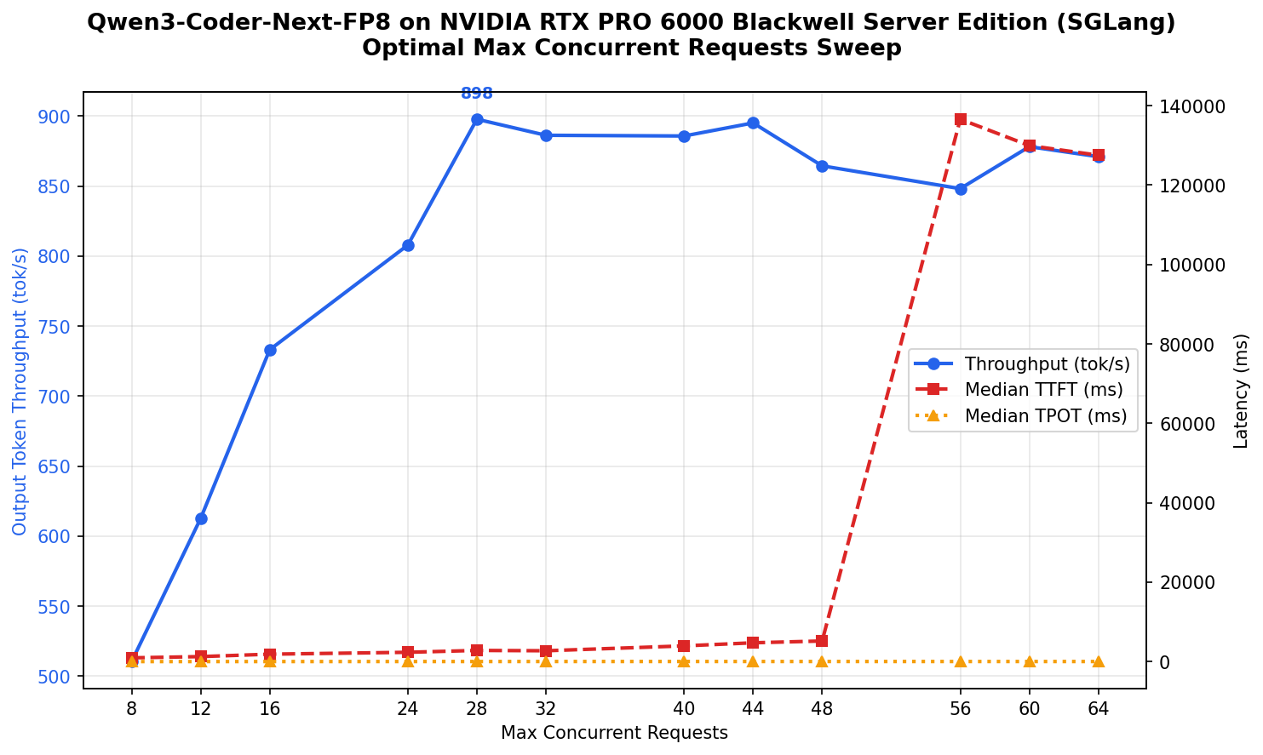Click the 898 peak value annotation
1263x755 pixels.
[477, 94]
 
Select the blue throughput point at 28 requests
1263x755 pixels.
[477, 119]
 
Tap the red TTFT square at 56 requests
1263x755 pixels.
[961, 119]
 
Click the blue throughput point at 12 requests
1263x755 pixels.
[201, 518]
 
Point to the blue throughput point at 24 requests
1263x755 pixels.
[408, 245]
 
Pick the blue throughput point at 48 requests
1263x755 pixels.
[822, 166]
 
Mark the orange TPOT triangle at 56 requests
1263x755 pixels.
[961, 661]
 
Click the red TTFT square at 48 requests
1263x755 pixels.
[822, 641]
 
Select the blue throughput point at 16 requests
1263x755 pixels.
[270, 350]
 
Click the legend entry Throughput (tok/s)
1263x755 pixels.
[1047, 364]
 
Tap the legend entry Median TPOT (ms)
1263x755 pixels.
[1045, 416]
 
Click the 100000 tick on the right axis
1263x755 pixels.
[1191, 265]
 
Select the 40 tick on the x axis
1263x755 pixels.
[684, 708]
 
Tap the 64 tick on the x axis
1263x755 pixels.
[1099, 708]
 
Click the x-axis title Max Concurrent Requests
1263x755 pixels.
[614, 733]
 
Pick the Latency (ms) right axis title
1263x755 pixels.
[1242, 391]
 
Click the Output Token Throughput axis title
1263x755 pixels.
[20, 391]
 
